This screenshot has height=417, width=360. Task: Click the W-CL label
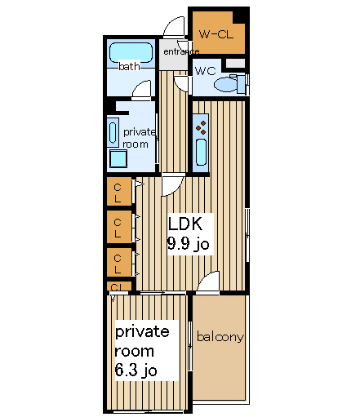coord(216,34)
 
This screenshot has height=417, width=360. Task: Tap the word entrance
coord(181,51)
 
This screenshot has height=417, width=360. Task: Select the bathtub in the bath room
coord(131,52)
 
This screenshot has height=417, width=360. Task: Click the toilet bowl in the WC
coord(225,84)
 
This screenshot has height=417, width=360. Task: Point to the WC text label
coord(206,71)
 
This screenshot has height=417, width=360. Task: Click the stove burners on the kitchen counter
coord(201,128)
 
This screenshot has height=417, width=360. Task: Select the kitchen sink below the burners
coord(201,152)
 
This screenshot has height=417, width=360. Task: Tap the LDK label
coord(185,224)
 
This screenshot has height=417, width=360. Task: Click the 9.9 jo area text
coord(189,243)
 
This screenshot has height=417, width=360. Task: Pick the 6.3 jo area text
coord(136,370)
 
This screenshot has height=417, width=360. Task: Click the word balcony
coord(220,337)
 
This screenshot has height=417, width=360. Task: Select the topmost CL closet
coord(119,191)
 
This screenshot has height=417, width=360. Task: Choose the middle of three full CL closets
coord(119,227)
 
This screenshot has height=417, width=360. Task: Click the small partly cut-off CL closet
coord(119,286)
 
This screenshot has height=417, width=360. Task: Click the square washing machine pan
coord(118,158)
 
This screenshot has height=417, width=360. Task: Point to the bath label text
coord(129,66)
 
